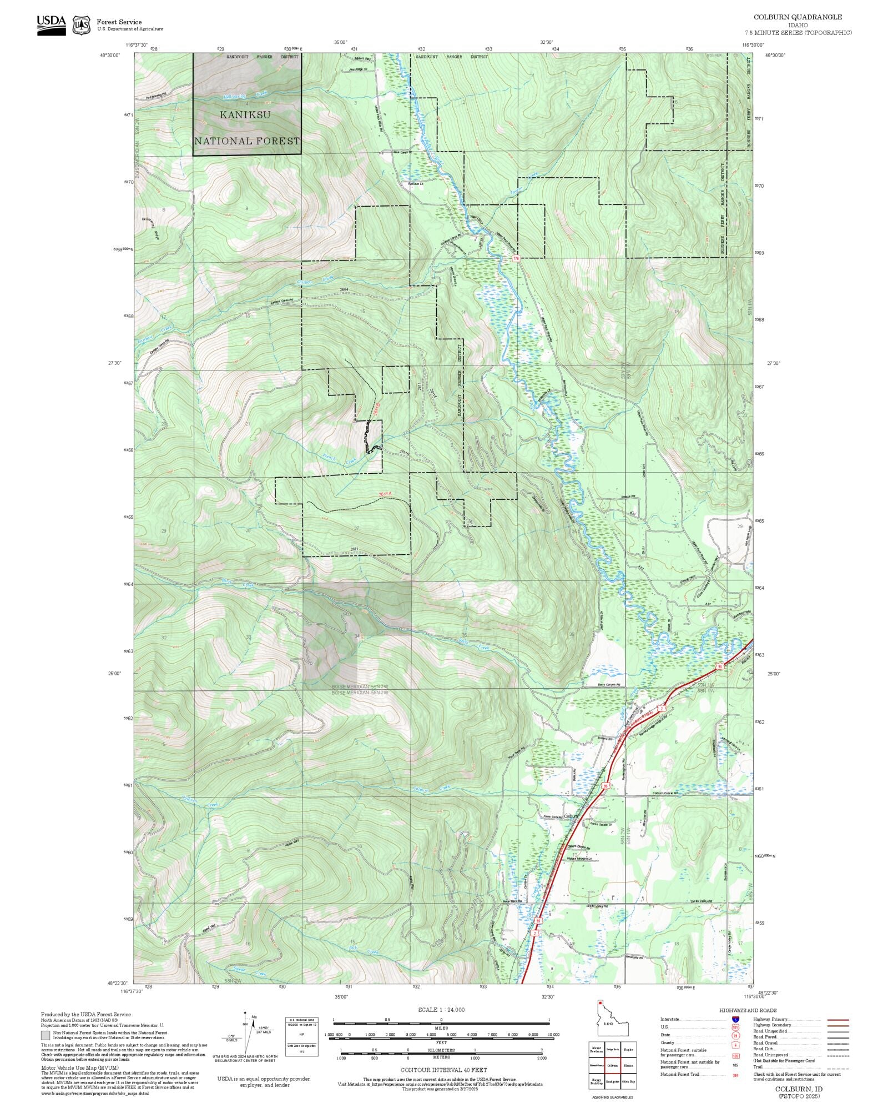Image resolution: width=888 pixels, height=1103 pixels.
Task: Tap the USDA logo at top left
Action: [51, 25]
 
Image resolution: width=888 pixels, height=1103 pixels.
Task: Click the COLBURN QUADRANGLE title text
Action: [798, 17]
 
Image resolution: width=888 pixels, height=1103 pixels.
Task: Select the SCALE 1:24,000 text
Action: [441, 1010]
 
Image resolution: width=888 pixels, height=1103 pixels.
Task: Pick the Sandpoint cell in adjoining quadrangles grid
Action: [612, 1082]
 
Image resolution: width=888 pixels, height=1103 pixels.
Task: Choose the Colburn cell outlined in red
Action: [612, 1066]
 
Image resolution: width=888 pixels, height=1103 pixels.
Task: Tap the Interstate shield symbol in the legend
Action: [735, 1020]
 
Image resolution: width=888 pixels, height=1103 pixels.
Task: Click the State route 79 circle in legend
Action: [735, 1035]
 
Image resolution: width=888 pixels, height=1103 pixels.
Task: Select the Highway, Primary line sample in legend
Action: [837, 1020]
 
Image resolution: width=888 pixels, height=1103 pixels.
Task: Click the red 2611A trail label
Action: [385, 494]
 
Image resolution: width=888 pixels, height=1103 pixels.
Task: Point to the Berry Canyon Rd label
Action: [609, 685]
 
